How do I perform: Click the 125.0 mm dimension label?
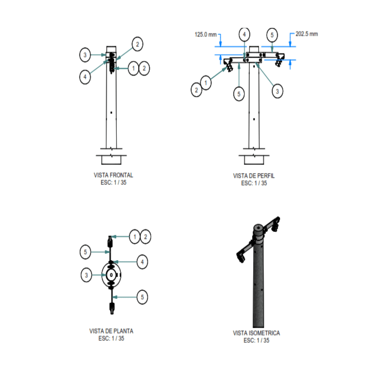click(x=206, y=35)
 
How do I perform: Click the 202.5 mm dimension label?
click(x=307, y=34)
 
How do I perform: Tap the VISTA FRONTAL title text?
click(x=113, y=175)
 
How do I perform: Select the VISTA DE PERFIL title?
click(x=254, y=176)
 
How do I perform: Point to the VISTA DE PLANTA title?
click(x=111, y=331)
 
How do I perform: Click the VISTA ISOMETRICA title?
click(x=257, y=333)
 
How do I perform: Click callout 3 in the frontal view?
click(x=85, y=55)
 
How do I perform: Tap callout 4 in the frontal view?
click(x=85, y=77)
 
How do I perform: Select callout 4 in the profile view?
click(x=245, y=35)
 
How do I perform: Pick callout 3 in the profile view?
click(x=278, y=91)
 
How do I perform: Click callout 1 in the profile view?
click(x=206, y=83)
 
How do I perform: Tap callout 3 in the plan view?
click(x=86, y=275)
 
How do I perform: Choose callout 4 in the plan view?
click(x=143, y=262)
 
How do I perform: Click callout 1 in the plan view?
click(x=135, y=237)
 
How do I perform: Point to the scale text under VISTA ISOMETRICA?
click(x=257, y=340)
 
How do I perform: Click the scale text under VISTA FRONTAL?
click(x=114, y=182)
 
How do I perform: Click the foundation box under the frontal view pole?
click(x=111, y=160)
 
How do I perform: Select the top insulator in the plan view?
click(x=110, y=241)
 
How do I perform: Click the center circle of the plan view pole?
click(x=111, y=275)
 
